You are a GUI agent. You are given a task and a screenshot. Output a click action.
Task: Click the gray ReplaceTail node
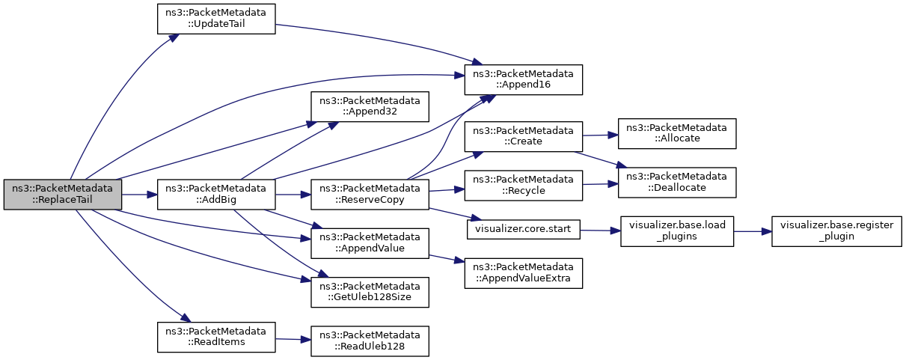pyautogui.click(x=63, y=195)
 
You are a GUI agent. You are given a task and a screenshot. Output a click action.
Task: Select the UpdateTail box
pyautogui.click(x=216, y=19)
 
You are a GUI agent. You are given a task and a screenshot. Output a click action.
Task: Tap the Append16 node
pyautogui.click(x=524, y=79)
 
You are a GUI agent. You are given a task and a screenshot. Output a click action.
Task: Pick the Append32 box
pyautogui.click(x=370, y=106)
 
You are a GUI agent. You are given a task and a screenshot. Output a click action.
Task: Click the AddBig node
pyautogui.click(x=216, y=195)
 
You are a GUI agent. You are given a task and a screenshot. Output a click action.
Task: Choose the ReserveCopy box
pyautogui.click(x=370, y=195)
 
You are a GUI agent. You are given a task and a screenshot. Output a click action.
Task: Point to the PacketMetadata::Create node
pyautogui.click(x=524, y=137)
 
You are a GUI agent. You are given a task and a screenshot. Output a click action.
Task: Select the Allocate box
pyautogui.click(x=677, y=133)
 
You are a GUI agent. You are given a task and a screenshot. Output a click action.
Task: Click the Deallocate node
pyautogui.click(x=677, y=183)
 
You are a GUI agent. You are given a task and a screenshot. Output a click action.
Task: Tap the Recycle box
pyautogui.click(x=524, y=186)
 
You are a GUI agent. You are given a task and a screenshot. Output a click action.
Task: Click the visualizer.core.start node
pyautogui.click(x=524, y=229)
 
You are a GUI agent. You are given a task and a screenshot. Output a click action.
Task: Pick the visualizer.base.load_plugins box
pyautogui.click(x=677, y=231)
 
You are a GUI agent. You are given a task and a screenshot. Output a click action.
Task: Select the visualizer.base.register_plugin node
pyautogui.click(x=836, y=231)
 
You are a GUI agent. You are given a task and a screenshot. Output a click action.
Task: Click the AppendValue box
pyautogui.click(x=370, y=243)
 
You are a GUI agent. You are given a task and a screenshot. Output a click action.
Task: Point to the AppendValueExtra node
pyautogui.click(x=524, y=273)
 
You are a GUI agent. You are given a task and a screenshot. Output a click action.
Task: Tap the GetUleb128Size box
pyautogui.click(x=370, y=292)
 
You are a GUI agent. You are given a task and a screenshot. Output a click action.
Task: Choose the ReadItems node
pyautogui.click(x=216, y=337)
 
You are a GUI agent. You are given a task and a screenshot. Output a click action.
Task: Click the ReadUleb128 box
pyautogui.click(x=370, y=341)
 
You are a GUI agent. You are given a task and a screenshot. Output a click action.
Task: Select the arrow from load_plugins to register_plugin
pyautogui.click(x=753, y=231)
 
